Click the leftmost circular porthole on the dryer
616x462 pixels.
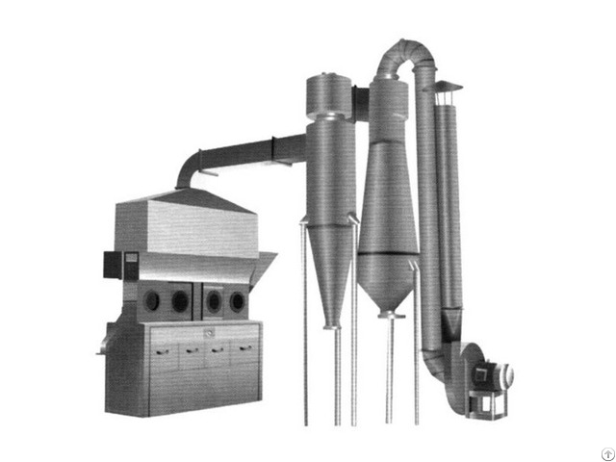151,301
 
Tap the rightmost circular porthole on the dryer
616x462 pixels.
238,303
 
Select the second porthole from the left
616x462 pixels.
180,301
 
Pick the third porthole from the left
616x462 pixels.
215,303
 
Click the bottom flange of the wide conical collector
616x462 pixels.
389,313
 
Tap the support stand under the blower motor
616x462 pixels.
486,403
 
